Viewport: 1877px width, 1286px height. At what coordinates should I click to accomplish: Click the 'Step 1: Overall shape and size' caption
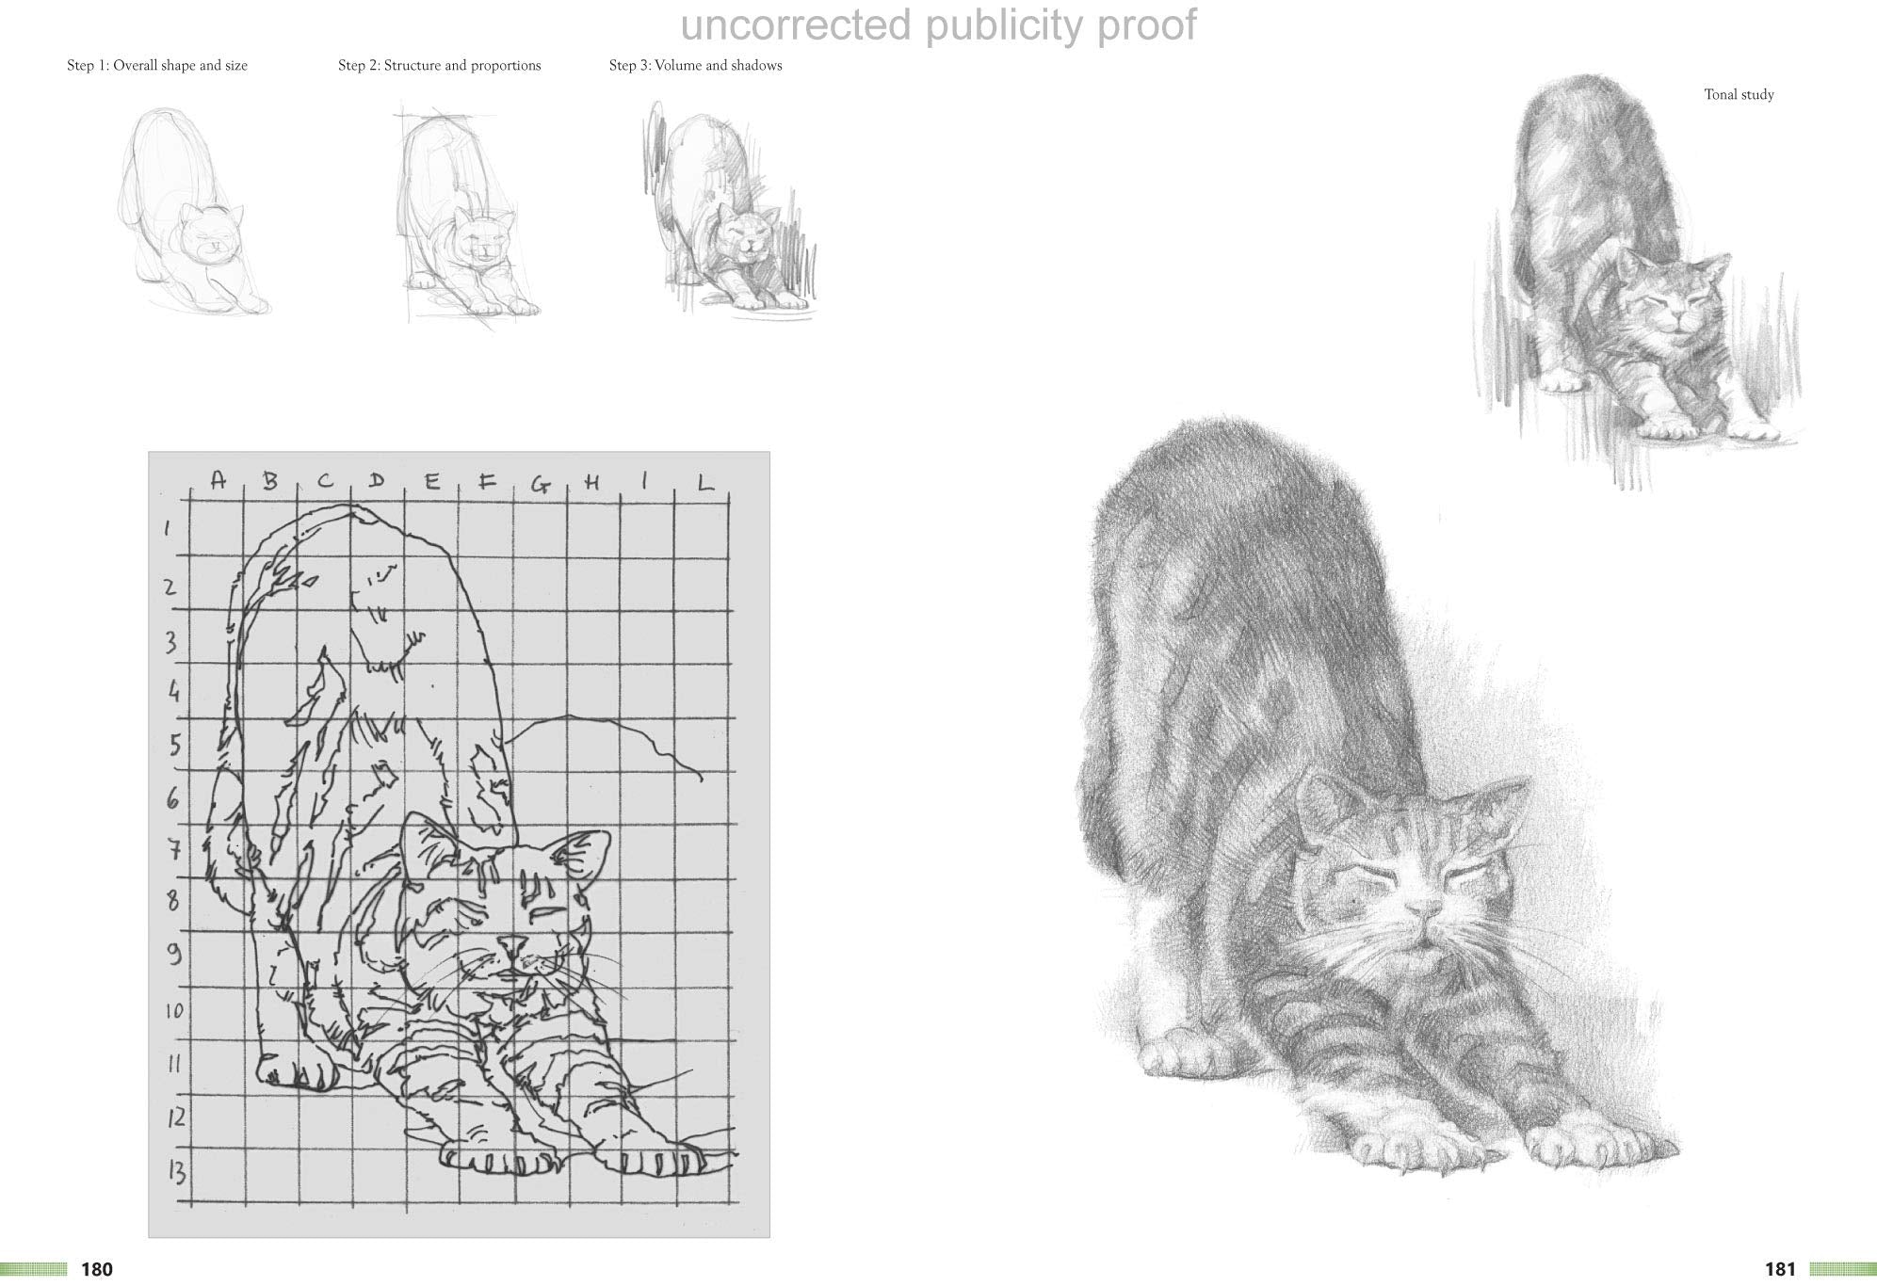pos(157,66)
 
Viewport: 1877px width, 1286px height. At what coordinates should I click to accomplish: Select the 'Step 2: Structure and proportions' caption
pos(439,66)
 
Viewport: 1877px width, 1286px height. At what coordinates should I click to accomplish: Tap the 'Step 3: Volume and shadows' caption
pos(695,66)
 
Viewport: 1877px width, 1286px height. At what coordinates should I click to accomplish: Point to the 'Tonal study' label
pos(1739,95)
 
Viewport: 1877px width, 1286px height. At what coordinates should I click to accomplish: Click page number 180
pos(97,1270)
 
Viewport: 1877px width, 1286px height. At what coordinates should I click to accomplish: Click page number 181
pos(1780,1270)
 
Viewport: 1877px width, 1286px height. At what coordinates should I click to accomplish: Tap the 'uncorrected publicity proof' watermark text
pos(938,25)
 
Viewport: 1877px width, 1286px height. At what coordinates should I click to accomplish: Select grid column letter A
pos(218,480)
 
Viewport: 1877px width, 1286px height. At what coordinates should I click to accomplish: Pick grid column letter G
pos(540,485)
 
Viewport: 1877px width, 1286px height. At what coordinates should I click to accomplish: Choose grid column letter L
pos(704,483)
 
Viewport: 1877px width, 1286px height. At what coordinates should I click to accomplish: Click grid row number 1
pos(168,528)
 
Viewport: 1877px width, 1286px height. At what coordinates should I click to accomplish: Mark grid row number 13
pos(175,1172)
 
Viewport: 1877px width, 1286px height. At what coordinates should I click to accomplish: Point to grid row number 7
pos(173,850)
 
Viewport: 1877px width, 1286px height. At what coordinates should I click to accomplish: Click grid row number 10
pos(173,1012)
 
